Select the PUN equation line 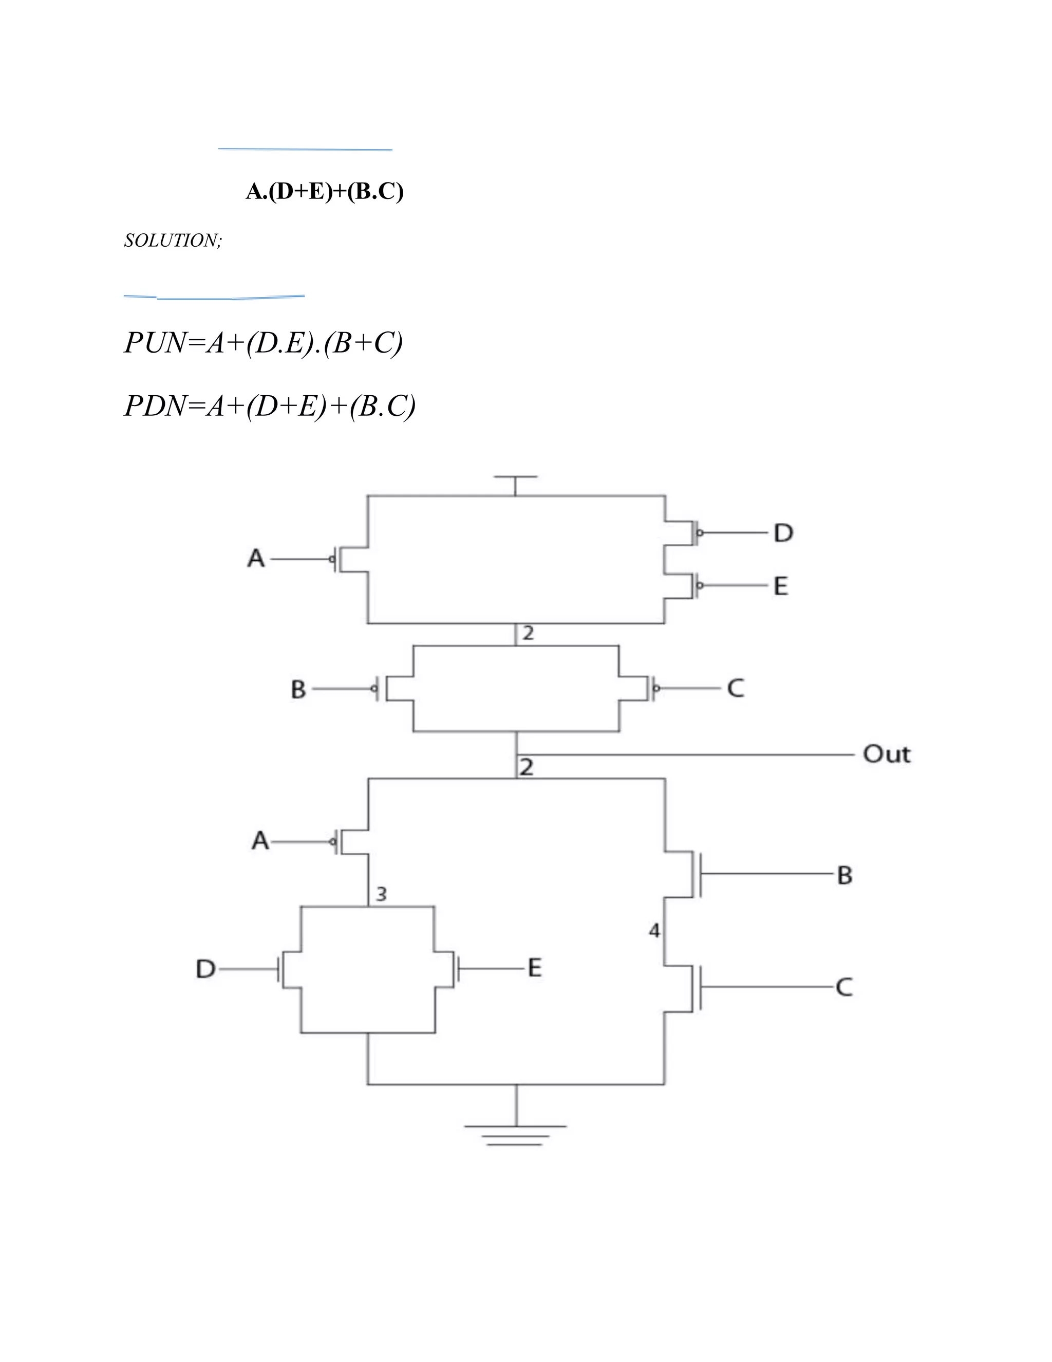tap(263, 342)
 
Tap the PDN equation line tap(269, 406)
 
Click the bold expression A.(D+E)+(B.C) tap(325, 192)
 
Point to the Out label tap(886, 754)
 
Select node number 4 tap(654, 931)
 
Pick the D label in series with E tap(783, 533)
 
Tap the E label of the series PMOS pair tap(781, 586)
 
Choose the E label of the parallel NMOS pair tap(535, 968)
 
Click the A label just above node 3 tap(260, 841)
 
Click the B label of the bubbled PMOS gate tap(298, 690)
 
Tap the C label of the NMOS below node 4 tap(844, 987)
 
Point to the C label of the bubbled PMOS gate tap(736, 689)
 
